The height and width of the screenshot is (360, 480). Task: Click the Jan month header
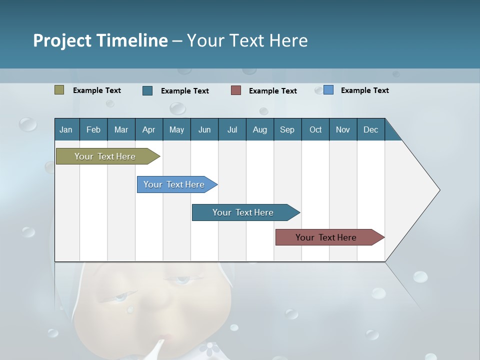pos(66,129)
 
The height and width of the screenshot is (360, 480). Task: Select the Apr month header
pos(148,129)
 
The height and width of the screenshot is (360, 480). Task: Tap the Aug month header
pos(259,129)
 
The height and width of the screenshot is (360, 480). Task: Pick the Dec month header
pos(370,129)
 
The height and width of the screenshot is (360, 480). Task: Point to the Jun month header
pos(204,129)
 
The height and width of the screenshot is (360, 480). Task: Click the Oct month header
pos(315,129)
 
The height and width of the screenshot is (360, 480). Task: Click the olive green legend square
pos(59,90)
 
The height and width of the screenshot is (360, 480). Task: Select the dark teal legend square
pos(147,90)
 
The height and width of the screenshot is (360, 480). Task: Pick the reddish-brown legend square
pos(236,90)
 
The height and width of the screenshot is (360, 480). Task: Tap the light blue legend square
pos(328,90)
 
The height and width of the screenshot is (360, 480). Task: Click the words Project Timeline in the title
pos(100,40)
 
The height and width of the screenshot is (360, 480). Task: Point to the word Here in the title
pos(288,40)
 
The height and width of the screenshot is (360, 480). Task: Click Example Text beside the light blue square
pos(364,90)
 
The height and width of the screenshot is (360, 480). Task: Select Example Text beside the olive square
pos(97,90)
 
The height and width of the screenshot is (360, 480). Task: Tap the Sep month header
pos(287,129)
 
